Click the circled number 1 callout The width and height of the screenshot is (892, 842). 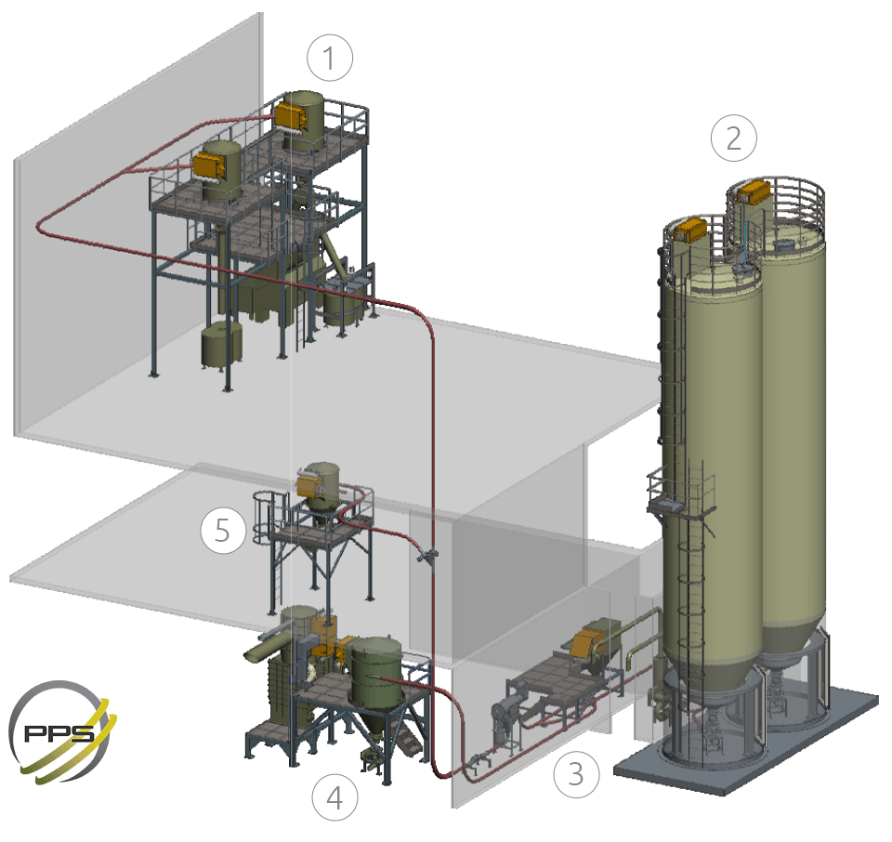point(329,58)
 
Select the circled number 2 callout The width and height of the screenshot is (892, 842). point(734,138)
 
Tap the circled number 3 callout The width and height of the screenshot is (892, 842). point(576,774)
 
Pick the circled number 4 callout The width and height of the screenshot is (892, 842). point(335,797)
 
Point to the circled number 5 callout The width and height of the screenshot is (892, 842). point(223,531)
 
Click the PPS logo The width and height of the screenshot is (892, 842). point(62,731)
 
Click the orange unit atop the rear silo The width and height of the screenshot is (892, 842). point(754,191)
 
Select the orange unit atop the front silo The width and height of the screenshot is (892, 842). point(690,230)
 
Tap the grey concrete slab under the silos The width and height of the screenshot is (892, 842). point(745,740)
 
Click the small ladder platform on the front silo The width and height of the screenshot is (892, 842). point(680,493)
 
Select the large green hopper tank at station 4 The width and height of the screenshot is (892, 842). point(375,671)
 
